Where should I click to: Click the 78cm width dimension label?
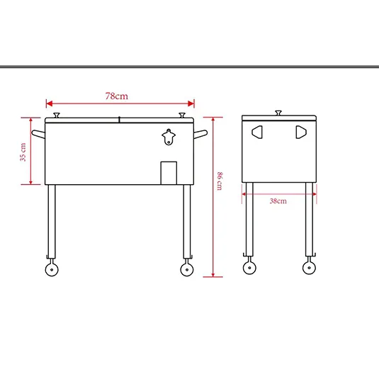point(118,95)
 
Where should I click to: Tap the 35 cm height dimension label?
point(23,152)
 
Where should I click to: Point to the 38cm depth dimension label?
point(278,201)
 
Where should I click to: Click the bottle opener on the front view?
point(169,137)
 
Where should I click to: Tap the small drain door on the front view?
point(169,172)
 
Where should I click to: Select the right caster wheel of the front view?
point(187,268)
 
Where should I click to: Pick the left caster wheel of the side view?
point(249,267)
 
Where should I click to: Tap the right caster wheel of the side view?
point(309,267)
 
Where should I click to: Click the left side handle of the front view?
point(38,134)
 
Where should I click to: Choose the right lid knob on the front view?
point(183,113)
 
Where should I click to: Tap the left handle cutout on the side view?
point(257,131)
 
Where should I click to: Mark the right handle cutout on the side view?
point(300,131)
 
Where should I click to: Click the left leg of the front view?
point(51,220)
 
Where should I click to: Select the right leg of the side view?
point(310,220)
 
